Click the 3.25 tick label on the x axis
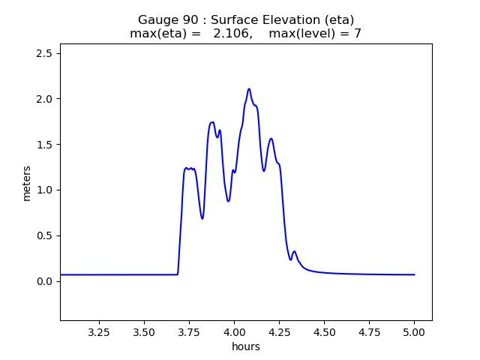pos(99,331)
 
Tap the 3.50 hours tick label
pos(144,331)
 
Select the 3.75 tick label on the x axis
pos(189,331)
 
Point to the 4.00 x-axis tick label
pos(234,331)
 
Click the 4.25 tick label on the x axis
pos(279,331)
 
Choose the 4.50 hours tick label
pos(324,331)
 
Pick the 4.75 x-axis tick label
pos(369,331)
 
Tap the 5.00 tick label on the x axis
pos(414,331)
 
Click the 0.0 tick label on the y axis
pos(45,281)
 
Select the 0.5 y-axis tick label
pos(45,235)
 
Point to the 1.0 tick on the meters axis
pos(45,190)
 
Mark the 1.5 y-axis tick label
pos(45,145)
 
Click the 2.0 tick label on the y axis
pos(45,99)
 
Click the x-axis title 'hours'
pos(246,346)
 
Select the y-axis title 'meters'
pos(27,183)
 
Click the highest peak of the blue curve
pos(249,89)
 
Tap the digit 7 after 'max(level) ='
pos(358,34)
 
